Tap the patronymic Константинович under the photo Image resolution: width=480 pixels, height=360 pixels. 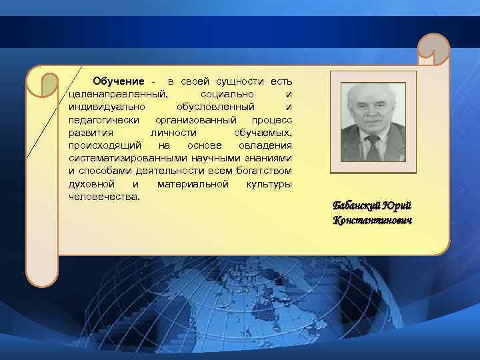[x=373, y=220]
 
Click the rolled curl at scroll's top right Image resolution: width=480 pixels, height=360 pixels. [x=433, y=50]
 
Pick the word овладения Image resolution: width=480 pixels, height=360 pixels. [x=267, y=145]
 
